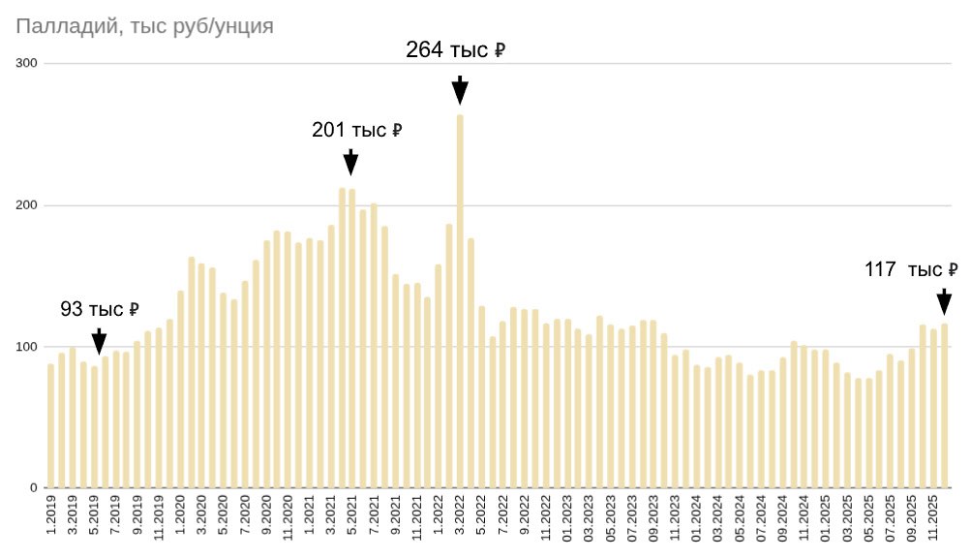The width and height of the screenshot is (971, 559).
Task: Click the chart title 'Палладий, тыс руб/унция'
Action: tap(145, 26)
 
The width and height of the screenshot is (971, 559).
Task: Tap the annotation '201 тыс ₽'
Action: tap(356, 130)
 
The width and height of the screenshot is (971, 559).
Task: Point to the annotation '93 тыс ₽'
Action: tap(100, 310)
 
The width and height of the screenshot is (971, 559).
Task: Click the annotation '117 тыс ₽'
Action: tap(911, 270)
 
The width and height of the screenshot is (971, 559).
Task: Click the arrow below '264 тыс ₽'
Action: tap(460, 90)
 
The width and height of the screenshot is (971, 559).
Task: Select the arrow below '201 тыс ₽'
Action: tap(350, 163)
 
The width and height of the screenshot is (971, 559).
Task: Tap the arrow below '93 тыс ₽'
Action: tap(99, 342)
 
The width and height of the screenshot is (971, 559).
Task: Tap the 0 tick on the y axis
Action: tap(33, 488)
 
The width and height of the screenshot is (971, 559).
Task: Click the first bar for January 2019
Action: tap(51, 426)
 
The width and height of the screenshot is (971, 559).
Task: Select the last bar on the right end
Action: tap(944, 407)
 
